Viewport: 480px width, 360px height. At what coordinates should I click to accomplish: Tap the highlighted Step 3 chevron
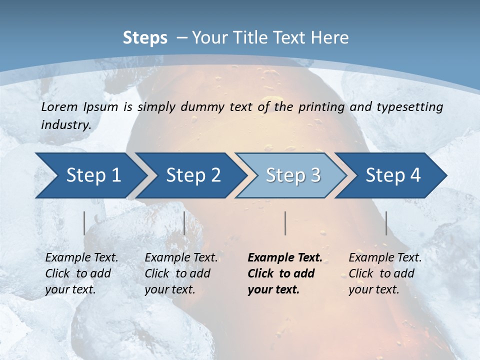tap(293, 175)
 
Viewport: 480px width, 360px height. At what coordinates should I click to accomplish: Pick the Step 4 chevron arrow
tap(393, 175)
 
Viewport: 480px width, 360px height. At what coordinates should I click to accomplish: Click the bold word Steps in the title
tap(145, 38)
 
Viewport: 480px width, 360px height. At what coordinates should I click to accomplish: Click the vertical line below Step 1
tap(84, 223)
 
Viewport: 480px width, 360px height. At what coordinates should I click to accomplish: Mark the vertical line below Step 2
tap(184, 223)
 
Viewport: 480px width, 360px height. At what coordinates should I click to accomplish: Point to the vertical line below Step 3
tap(285, 223)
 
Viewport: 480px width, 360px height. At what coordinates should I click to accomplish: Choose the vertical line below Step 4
tap(386, 223)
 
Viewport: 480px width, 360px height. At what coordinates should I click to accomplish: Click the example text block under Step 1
tap(81, 273)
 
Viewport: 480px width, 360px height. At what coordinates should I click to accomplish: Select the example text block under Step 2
tap(181, 273)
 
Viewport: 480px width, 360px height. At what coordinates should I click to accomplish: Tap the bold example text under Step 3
tap(285, 273)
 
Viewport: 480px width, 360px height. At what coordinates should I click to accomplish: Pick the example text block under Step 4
tap(385, 273)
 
